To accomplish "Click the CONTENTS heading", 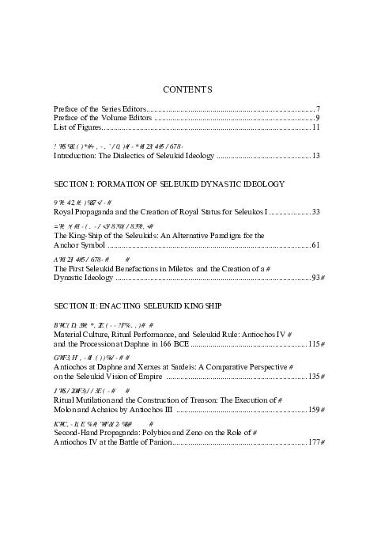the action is click(x=190, y=89).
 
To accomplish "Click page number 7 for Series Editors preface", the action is click(x=317, y=108).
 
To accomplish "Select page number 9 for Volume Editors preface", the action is click(x=317, y=117).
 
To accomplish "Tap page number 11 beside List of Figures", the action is click(x=315, y=127).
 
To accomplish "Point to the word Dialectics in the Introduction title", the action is click(x=134, y=156).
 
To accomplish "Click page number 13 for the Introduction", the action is click(x=315, y=156).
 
